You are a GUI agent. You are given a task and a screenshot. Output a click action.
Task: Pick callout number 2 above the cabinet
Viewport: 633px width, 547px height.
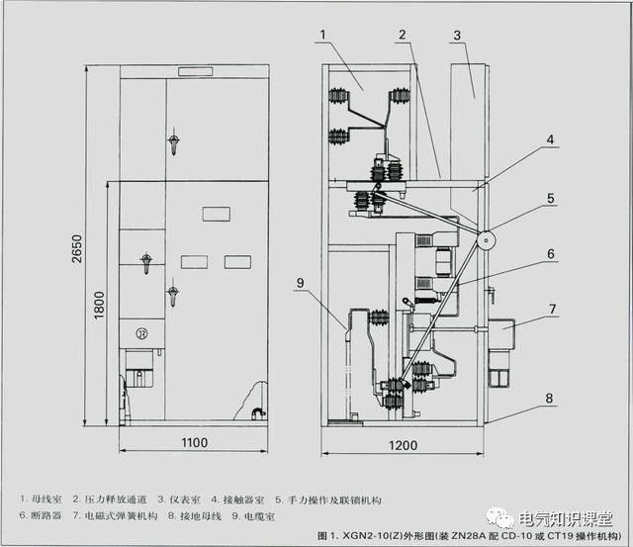pos(403,35)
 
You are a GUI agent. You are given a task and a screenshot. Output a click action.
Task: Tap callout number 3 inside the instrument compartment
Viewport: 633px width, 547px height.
pos(456,36)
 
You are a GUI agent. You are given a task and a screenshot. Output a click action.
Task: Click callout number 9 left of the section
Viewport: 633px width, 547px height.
pos(300,282)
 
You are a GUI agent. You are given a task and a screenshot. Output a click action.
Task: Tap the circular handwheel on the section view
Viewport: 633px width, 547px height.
pos(485,238)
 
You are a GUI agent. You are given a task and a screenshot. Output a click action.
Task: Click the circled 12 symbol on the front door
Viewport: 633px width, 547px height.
pos(141,332)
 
